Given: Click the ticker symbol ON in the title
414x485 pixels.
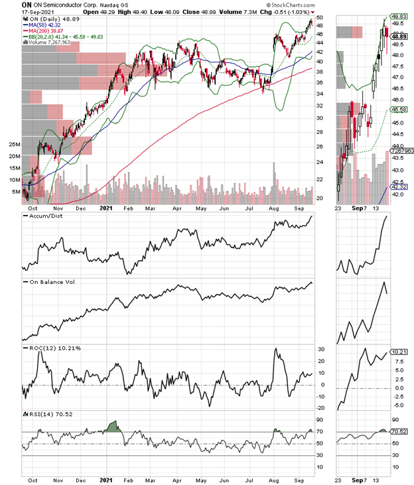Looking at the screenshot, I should (x=27, y=5).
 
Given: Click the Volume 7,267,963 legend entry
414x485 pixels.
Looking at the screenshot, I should (x=54, y=44).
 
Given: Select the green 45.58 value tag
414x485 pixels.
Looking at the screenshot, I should (x=399, y=109).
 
